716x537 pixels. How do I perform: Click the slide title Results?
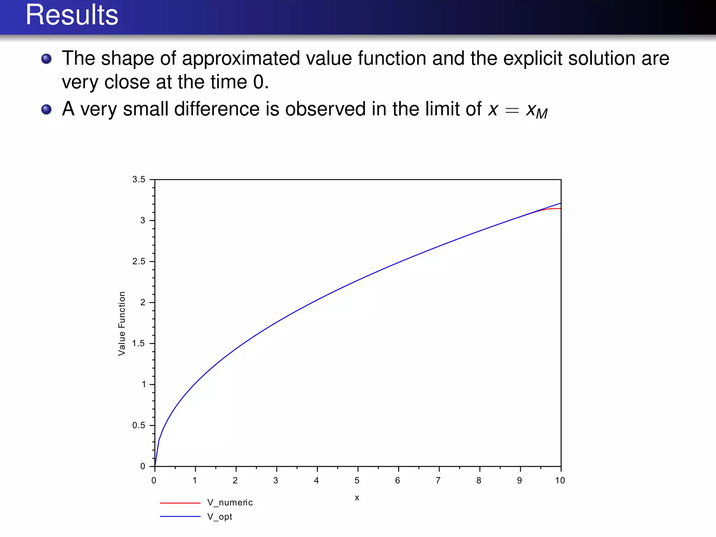click(72, 15)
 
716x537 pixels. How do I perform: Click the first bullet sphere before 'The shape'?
click(46, 59)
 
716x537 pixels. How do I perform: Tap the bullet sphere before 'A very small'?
click(46, 109)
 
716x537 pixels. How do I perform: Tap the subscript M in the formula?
click(542, 114)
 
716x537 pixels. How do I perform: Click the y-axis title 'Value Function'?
click(122, 323)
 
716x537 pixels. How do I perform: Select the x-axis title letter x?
click(357, 497)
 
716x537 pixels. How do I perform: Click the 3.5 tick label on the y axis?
click(138, 179)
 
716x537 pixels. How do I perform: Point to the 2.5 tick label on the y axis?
click(138, 262)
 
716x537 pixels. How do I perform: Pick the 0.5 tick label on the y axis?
click(138, 425)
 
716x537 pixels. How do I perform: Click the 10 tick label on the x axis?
click(560, 481)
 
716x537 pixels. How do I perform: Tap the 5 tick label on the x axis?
click(357, 481)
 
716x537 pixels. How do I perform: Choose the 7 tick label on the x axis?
click(438, 481)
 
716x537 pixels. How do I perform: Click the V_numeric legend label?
click(230, 503)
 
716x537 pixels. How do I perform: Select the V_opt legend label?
click(220, 517)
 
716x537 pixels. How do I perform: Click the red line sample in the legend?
click(180, 503)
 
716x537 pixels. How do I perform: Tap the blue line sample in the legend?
click(180, 516)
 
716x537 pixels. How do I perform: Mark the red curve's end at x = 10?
click(560, 209)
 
